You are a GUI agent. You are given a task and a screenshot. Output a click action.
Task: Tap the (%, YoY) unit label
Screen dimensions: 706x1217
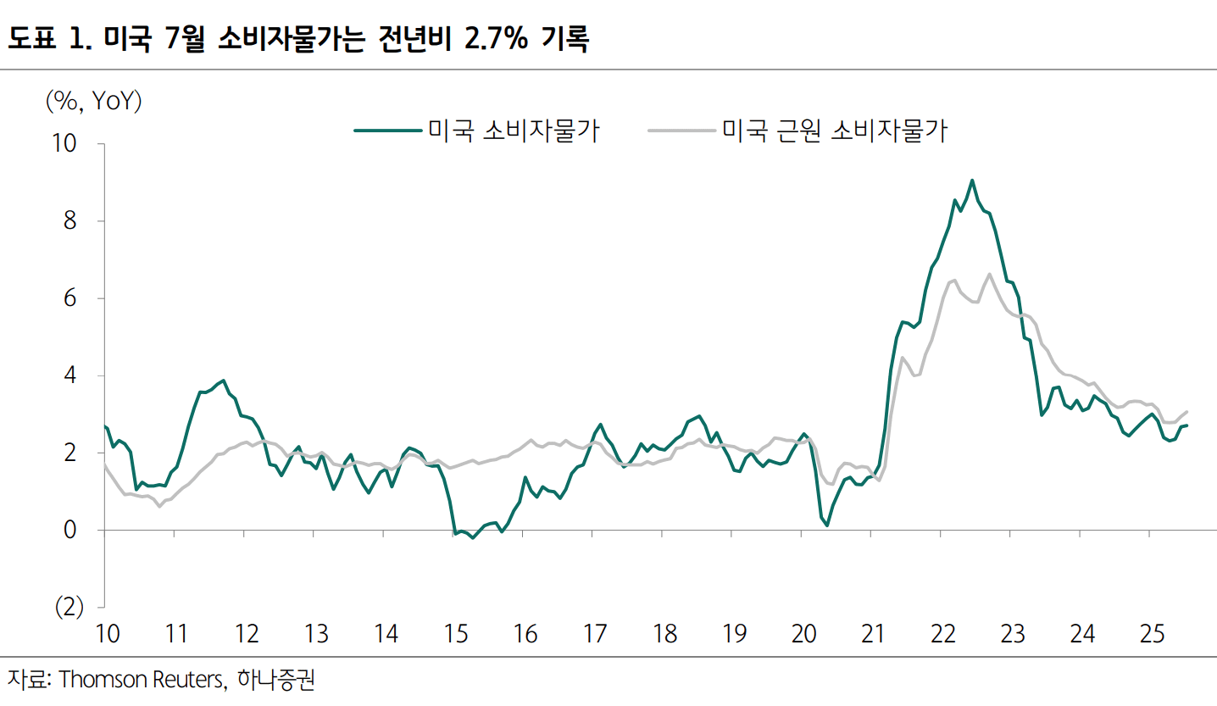pos(93,102)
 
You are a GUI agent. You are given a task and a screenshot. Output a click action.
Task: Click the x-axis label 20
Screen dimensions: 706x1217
pos(803,634)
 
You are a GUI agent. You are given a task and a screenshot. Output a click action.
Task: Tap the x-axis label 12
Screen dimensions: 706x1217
pos(247,634)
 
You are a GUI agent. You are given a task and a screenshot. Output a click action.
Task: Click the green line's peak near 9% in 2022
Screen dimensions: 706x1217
pos(972,181)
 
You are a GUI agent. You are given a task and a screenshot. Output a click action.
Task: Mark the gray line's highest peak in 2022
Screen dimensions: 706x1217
pos(989,274)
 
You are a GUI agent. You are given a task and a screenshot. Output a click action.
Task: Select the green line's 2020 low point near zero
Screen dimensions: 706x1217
pos(826,525)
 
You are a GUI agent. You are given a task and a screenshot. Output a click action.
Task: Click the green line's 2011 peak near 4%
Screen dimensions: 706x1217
pos(223,381)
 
